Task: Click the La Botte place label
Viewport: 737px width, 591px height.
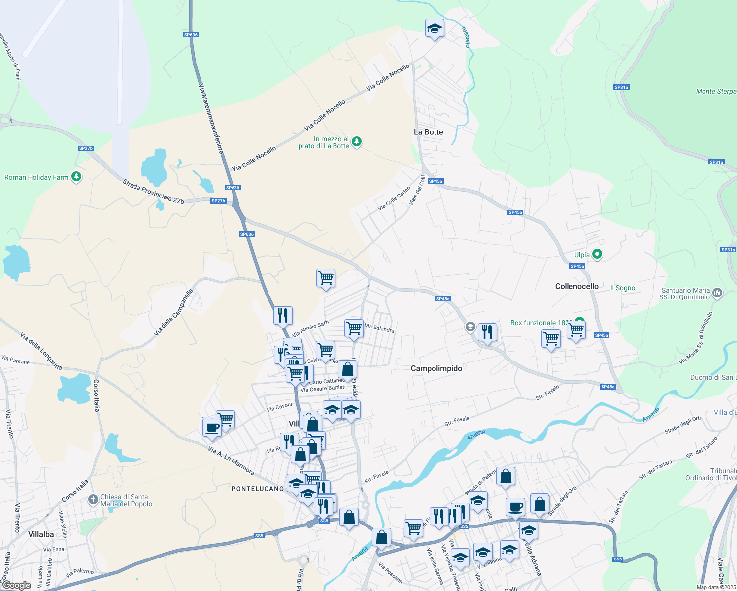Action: point(428,132)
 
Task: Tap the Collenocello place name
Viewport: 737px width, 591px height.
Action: point(576,286)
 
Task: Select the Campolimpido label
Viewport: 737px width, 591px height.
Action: point(436,368)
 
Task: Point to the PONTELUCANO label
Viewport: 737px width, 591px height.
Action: point(258,489)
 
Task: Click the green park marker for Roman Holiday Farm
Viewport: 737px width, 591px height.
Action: point(76,177)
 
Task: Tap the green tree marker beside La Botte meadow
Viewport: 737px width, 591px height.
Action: point(357,142)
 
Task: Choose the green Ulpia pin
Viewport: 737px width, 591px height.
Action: point(597,254)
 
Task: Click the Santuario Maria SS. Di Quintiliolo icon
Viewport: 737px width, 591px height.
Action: point(717,293)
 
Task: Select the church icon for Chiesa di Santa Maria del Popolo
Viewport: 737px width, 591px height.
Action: point(93,500)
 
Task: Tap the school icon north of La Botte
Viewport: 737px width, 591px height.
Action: point(435,29)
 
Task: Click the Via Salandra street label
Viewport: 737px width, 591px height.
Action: point(379,328)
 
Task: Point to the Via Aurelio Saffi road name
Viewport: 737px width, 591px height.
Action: point(310,329)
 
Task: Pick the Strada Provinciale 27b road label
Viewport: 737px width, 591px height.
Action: point(153,192)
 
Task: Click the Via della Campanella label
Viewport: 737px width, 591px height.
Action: point(173,313)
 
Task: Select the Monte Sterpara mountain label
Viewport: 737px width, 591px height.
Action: point(716,91)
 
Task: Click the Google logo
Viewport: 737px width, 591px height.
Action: point(16,585)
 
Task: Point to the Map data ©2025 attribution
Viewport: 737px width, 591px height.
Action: point(715,587)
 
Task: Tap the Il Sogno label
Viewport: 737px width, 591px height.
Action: point(623,288)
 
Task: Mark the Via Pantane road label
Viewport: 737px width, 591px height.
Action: point(15,360)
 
